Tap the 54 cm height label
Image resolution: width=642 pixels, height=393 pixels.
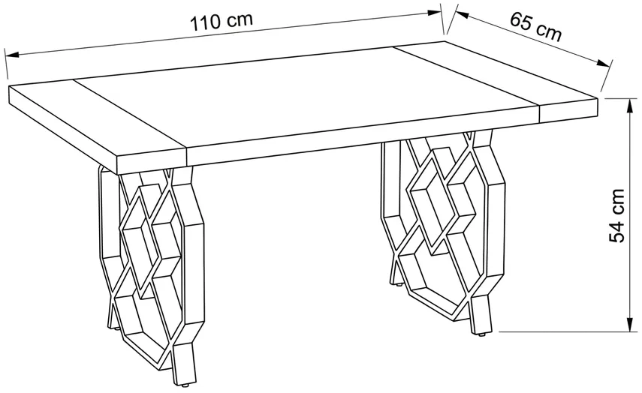[x=616, y=215]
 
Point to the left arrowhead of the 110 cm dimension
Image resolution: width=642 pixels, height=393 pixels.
[x=12, y=55]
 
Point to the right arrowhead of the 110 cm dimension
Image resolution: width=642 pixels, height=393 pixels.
[x=434, y=12]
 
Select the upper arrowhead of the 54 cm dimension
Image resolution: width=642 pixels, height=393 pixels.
[x=628, y=106]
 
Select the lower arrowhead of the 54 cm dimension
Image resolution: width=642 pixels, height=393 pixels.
[x=628, y=323]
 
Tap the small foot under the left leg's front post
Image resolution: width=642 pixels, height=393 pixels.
[x=185, y=385]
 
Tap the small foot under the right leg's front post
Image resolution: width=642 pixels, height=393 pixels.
[x=482, y=334]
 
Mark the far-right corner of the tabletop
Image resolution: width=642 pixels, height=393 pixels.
[x=598, y=98]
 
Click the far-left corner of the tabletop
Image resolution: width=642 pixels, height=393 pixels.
[x=8, y=86]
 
